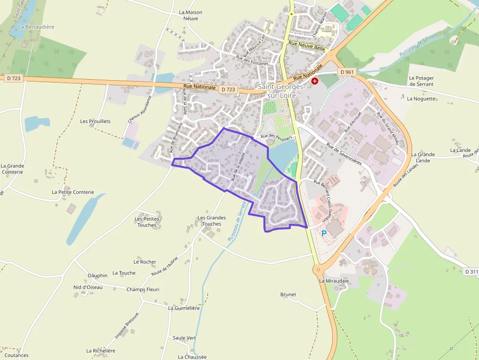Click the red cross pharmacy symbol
315,81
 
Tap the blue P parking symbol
324,233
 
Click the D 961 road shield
346,72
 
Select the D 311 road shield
471,272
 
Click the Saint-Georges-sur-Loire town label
281,91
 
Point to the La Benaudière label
36,27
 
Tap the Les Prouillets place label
95,121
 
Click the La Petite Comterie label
73,192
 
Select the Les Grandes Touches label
212,221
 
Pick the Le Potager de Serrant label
421,81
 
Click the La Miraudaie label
334,281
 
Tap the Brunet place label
288,295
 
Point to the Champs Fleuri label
143,289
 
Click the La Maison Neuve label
191,16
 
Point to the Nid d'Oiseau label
88,287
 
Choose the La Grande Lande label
423,157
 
